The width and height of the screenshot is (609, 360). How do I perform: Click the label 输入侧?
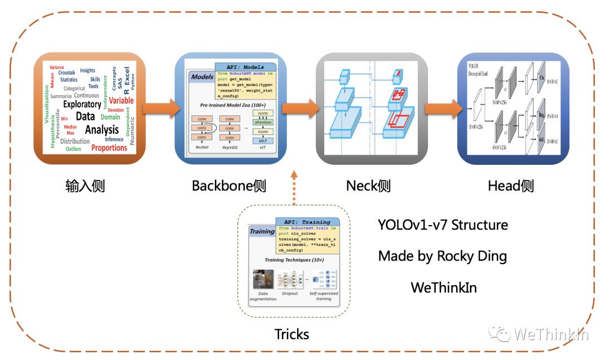tap(85, 186)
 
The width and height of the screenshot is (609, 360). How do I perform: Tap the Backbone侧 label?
tap(228, 186)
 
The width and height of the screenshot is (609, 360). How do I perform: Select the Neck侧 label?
tap(368, 186)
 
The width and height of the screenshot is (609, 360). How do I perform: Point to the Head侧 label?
tap(510, 186)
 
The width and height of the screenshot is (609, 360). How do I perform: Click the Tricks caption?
tap(292, 334)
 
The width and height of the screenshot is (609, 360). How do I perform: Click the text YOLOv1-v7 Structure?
tap(443, 225)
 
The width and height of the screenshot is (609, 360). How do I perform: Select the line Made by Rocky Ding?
tap(443, 256)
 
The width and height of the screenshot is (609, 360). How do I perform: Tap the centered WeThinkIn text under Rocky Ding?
tap(443, 287)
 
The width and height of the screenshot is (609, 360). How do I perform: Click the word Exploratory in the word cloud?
tap(82, 104)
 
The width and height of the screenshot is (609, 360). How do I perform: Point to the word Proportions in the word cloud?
tap(109, 148)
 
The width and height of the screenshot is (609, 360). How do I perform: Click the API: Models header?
tap(245, 67)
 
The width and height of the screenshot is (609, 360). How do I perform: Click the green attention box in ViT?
tap(262, 122)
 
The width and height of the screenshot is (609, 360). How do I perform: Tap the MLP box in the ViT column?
tap(262, 141)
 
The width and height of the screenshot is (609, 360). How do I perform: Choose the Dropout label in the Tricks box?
tap(290, 293)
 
